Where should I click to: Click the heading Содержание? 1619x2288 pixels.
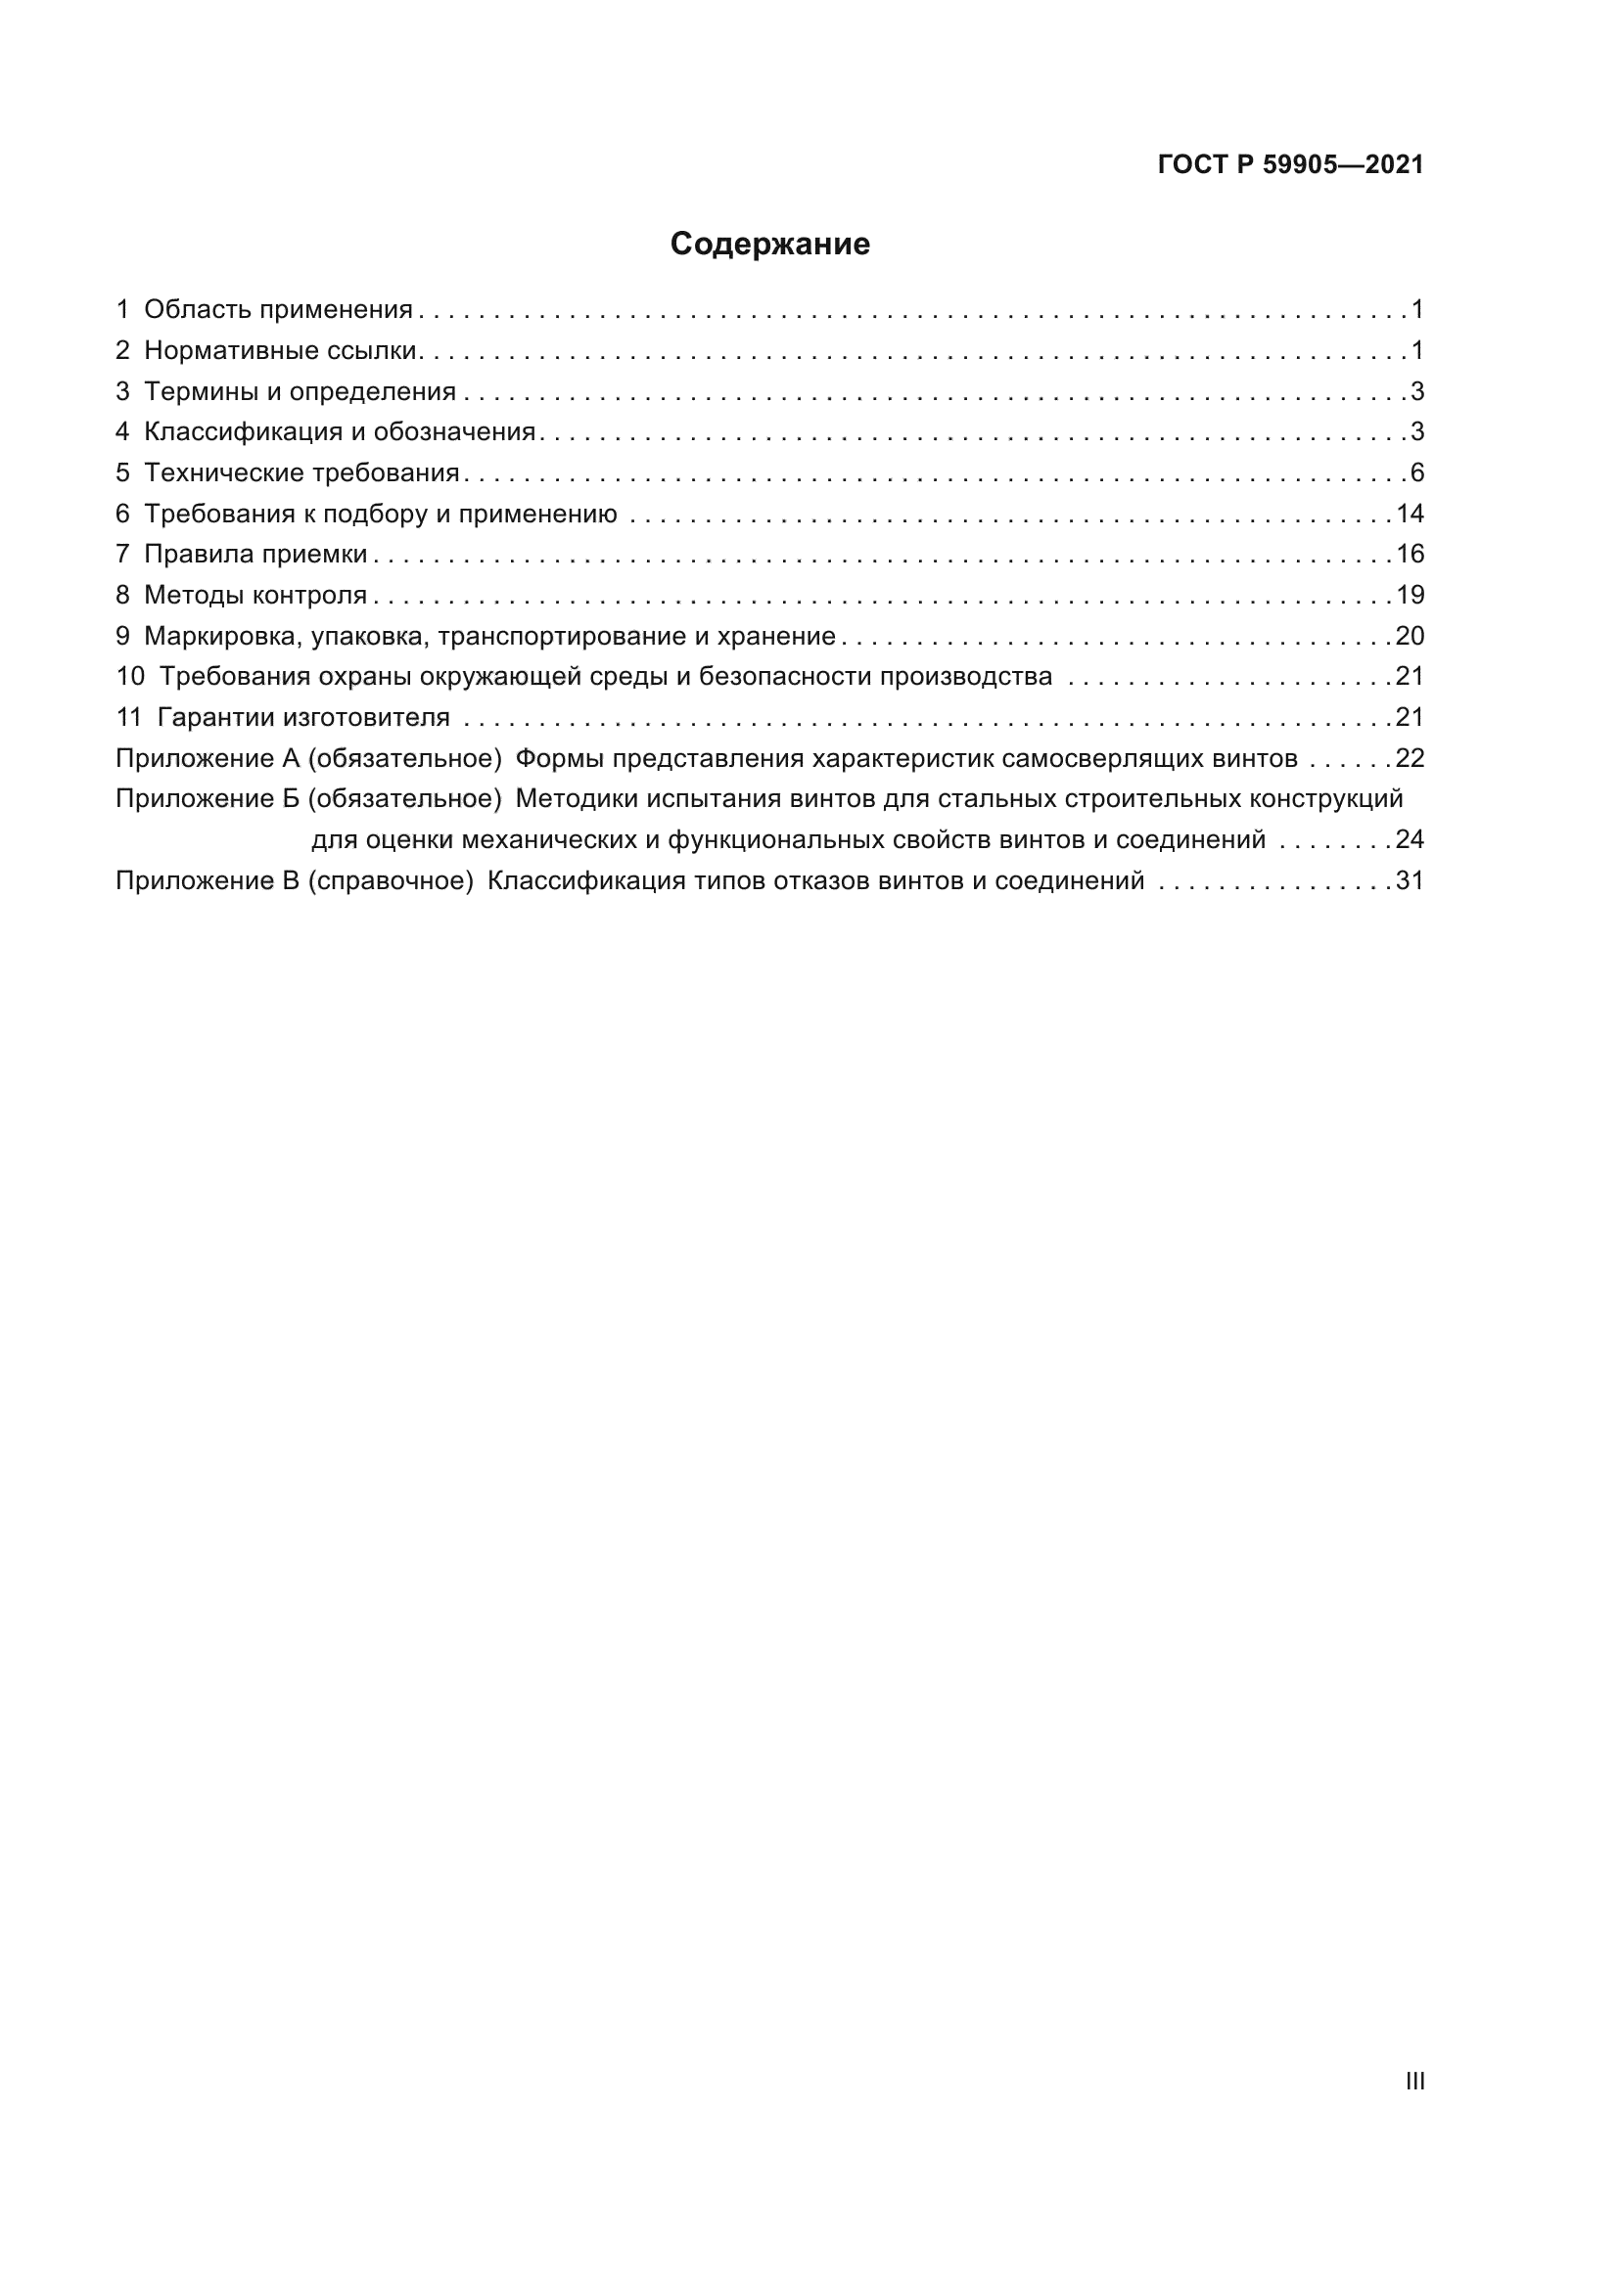(769, 245)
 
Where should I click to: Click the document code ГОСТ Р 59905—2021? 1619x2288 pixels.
(1290, 165)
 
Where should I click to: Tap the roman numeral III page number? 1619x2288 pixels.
(1414, 2081)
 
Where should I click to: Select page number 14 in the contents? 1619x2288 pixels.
(1410, 515)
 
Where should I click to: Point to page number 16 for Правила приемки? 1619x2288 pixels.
(1410, 554)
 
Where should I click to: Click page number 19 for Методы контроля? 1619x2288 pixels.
(1410, 596)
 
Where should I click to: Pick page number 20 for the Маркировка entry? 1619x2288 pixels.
(1410, 636)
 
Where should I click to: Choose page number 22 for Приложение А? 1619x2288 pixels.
(1410, 759)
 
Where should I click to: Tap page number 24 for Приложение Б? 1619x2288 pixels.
(1410, 840)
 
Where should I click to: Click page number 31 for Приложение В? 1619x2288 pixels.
(1410, 881)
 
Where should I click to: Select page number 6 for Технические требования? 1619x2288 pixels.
(1416, 472)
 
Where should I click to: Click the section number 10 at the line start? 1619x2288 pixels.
(129, 677)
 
